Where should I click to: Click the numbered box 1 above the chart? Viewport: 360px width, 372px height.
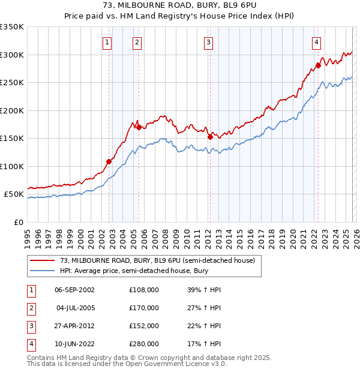[107, 42]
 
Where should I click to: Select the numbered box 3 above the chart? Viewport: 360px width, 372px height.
[208, 42]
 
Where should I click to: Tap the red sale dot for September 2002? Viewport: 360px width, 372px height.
[109, 161]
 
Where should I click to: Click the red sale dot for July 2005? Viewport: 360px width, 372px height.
[139, 127]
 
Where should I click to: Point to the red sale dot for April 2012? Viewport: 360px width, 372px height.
[211, 137]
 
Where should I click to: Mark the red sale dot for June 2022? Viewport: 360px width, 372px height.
[318, 65]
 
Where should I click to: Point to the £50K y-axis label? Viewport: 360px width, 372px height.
[14, 194]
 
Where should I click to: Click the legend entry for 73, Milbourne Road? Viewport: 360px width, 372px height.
[157, 260]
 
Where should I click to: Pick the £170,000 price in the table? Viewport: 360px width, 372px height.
[144, 308]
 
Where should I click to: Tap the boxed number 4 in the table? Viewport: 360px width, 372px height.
[30, 344]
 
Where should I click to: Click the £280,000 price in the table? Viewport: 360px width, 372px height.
[144, 344]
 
